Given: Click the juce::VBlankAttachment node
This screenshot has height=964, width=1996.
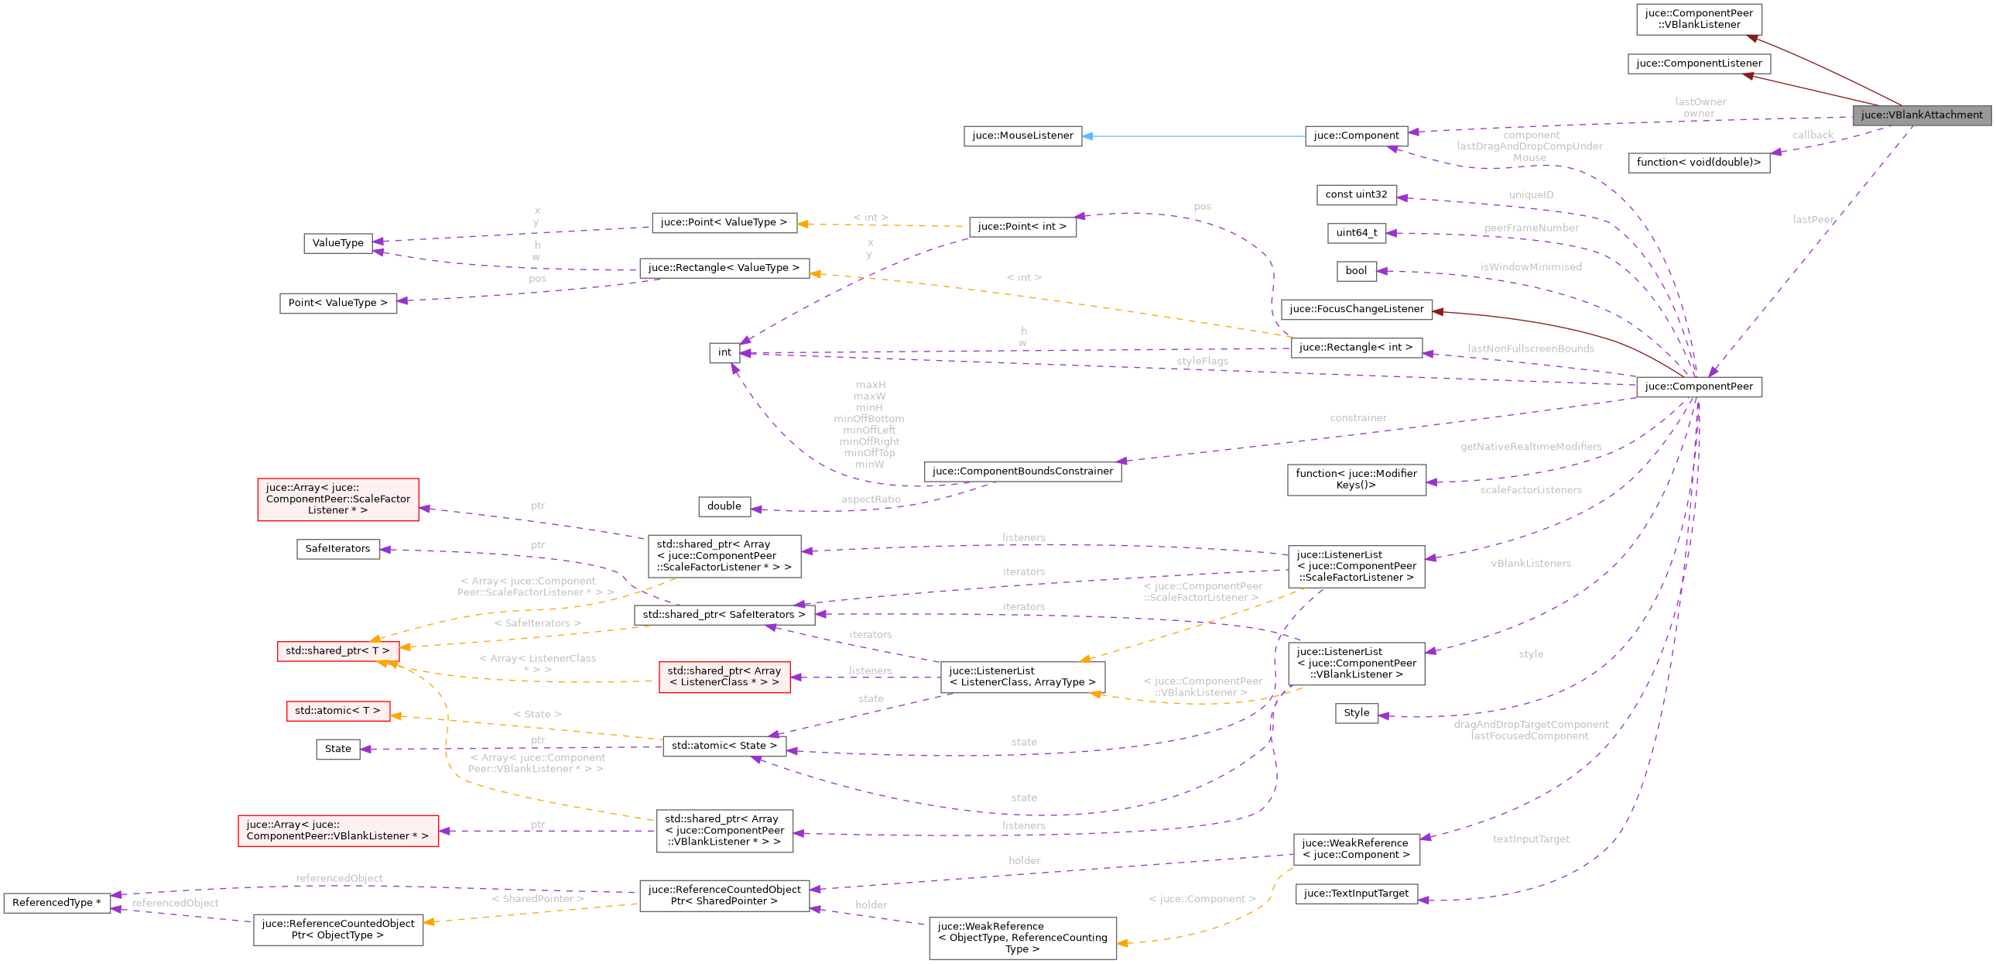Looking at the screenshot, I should coord(1921,115).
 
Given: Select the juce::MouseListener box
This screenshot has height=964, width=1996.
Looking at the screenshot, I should coord(1022,136).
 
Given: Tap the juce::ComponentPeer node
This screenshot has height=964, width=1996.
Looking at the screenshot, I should coord(1699,386).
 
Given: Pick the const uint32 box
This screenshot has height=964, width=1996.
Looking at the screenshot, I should coord(1356,194).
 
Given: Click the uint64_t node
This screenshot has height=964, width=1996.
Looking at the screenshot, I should coord(1356,232).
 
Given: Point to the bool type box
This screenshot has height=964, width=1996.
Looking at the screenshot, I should coord(1356,270).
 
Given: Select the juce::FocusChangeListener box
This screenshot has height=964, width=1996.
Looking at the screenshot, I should coord(1356,309).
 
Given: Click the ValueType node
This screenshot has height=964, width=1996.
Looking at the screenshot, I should coord(338,243).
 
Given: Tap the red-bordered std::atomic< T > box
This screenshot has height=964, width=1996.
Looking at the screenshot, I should coord(338,711).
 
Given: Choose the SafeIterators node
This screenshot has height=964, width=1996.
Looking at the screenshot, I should coord(338,549).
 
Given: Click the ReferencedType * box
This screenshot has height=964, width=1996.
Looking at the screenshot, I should coord(56,903).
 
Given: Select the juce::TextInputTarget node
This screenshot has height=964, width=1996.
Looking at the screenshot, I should coord(1356,894).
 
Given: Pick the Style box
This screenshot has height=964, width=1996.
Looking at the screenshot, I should coord(1356,713).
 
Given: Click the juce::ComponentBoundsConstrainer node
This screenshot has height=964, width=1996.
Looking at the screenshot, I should coord(1022,471).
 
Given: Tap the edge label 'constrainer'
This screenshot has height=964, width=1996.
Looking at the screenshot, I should coord(1358,417).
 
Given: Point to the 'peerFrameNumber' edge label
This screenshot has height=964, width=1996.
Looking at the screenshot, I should coord(1531,228).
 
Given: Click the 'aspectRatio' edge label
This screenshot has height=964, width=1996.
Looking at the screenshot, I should coord(871,500).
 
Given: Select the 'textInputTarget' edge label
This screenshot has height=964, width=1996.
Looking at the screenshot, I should coord(1530,839).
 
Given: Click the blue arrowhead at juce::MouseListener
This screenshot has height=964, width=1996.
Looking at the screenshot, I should coord(1088,136).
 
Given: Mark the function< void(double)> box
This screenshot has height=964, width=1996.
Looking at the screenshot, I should coord(1699,163).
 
